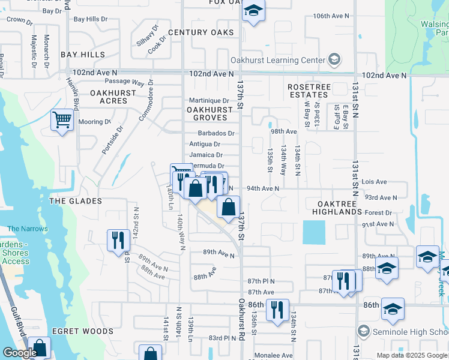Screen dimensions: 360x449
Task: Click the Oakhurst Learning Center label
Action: click(x=277, y=60)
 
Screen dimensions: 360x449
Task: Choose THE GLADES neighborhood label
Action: click(x=75, y=201)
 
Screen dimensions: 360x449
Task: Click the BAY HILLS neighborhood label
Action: click(x=82, y=55)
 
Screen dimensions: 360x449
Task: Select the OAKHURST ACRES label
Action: click(x=109, y=97)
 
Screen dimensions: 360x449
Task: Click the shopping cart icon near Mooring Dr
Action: click(x=62, y=120)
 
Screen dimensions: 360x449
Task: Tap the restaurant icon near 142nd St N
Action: click(x=118, y=240)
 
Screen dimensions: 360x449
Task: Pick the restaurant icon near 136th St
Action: click(x=277, y=310)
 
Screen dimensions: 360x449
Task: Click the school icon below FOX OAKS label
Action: click(x=253, y=11)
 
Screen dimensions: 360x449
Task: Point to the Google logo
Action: click(x=19, y=353)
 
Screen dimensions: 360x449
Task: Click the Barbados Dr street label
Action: click(x=219, y=133)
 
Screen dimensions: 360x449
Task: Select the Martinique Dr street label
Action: click(x=209, y=101)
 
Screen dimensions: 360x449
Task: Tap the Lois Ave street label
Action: click(x=375, y=182)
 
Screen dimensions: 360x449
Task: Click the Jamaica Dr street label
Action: click(x=206, y=155)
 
